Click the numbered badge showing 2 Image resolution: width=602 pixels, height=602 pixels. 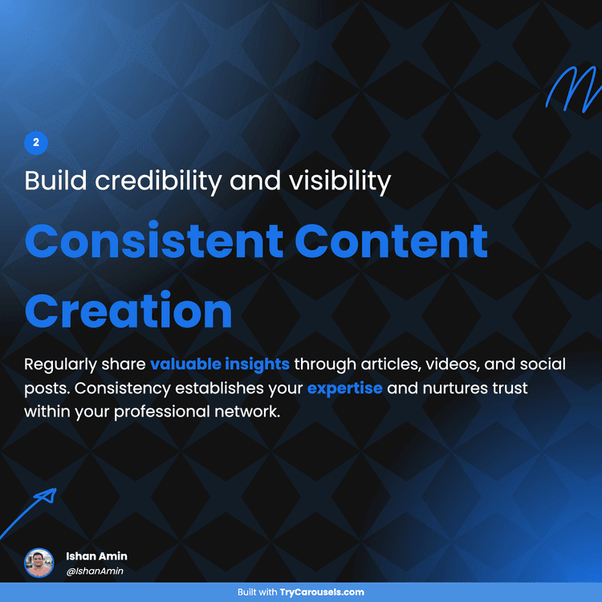click(36, 143)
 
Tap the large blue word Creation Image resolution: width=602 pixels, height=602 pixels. click(128, 311)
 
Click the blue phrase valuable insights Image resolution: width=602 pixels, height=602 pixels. click(219, 364)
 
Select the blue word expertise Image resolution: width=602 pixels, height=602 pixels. click(345, 388)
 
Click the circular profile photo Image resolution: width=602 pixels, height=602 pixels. click(39, 563)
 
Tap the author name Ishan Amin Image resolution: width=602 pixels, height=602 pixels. click(96, 556)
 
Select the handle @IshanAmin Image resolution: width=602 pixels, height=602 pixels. click(95, 571)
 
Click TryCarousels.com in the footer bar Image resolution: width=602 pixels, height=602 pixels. click(322, 592)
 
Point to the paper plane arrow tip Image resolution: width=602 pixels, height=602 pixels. click(47, 495)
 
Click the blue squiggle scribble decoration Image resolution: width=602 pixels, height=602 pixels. click(571, 87)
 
